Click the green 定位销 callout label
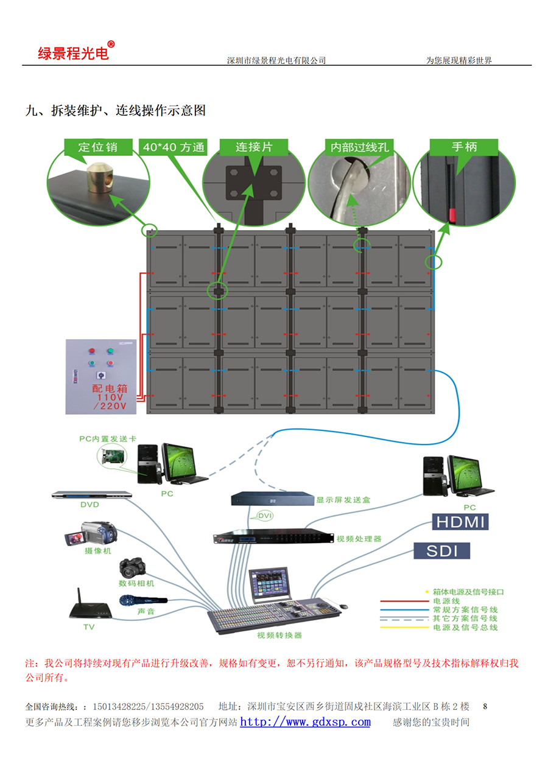click(97, 147)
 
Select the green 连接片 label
click(253, 147)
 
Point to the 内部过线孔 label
click(359, 147)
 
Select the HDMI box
click(460, 522)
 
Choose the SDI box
click(442, 551)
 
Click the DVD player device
click(91, 495)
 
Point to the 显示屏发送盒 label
click(343, 500)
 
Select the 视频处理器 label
click(359, 539)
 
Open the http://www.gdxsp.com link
click(305, 722)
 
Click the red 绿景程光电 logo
click(73, 53)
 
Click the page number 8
click(485, 707)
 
